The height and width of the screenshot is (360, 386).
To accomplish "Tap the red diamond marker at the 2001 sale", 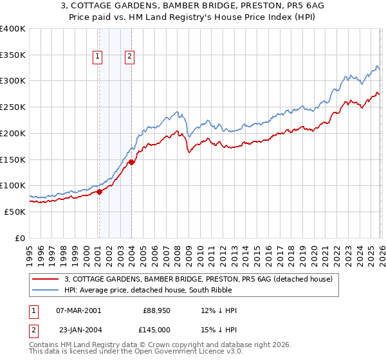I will click(x=99, y=191).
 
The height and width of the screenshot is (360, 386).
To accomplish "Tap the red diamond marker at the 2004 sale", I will click(x=131, y=162).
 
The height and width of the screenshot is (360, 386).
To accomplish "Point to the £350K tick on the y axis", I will click(x=13, y=55).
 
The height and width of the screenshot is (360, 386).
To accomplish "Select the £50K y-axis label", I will click(x=15, y=212).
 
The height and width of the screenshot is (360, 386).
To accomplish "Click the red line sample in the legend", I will click(x=46, y=279).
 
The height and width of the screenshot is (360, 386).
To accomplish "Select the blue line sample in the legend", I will click(x=46, y=291).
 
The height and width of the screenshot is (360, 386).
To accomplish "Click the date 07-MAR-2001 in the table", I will click(x=79, y=310).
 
